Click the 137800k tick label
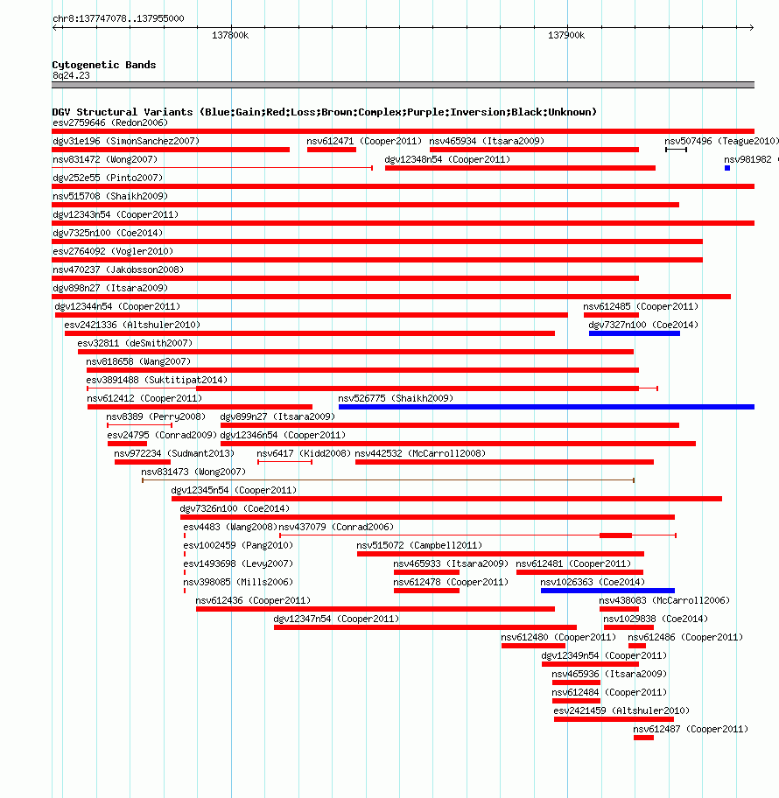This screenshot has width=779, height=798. click(230, 35)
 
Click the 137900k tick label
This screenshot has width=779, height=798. click(566, 35)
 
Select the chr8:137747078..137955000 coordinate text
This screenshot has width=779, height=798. click(118, 18)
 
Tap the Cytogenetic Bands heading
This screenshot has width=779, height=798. click(104, 65)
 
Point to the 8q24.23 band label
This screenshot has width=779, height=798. click(71, 75)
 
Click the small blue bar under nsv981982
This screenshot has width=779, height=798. click(727, 168)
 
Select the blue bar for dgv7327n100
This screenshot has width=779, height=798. click(635, 333)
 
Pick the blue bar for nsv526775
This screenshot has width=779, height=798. click(546, 407)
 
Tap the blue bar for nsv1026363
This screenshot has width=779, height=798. click(607, 591)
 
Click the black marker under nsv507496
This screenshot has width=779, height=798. click(676, 150)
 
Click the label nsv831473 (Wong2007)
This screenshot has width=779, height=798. click(193, 472)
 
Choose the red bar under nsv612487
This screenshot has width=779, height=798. click(643, 738)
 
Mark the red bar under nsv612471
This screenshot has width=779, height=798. click(332, 150)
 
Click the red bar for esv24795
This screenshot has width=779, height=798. click(127, 444)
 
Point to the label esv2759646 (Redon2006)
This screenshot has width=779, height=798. click(110, 122)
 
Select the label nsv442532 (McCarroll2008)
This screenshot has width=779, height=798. click(420, 453)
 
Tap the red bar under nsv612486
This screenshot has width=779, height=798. click(637, 646)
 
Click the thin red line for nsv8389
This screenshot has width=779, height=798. click(139, 425)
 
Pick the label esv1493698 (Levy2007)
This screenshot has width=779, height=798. click(238, 563)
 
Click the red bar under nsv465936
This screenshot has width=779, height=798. click(576, 682)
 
